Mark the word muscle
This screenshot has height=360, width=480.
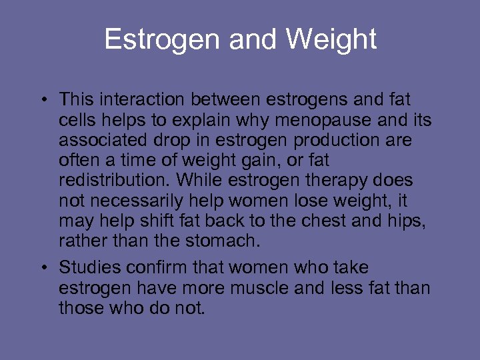tap(283, 288)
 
